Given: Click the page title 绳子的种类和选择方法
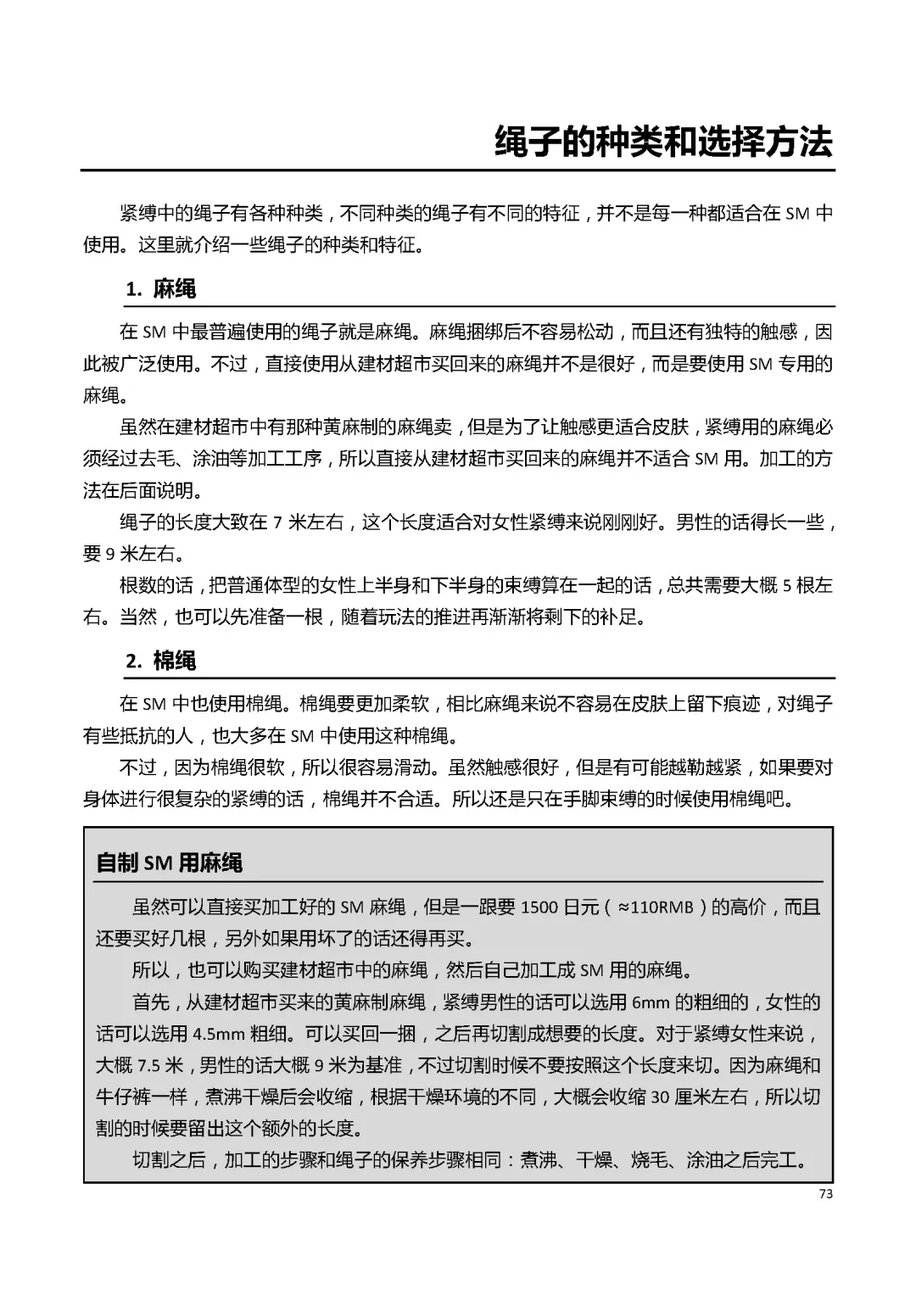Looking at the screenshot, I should pyautogui.click(x=663, y=142).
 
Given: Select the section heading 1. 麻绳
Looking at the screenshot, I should pyautogui.click(x=161, y=289).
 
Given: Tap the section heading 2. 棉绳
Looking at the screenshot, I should pyautogui.click(x=161, y=661).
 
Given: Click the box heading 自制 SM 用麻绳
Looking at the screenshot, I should pyautogui.click(x=170, y=863).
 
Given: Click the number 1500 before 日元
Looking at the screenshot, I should pyautogui.click(x=539, y=907).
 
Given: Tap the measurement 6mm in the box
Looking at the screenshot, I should pyautogui.click(x=651, y=1002).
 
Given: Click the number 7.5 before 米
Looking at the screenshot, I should pyautogui.click(x=149, y=1066).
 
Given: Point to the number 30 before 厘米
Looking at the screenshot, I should pyautogui.click(x=660, y=1097).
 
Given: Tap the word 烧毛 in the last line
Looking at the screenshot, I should pyautogui.click(x=650, y=1160).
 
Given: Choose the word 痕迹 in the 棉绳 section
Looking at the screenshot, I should pyautogui.click(x=741, y=704).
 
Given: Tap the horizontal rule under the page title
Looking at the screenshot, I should pyautogui.click(x=458, y=170).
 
